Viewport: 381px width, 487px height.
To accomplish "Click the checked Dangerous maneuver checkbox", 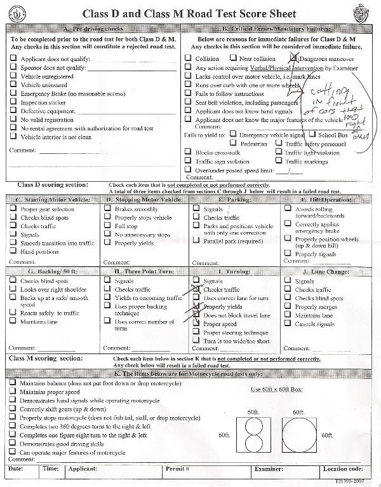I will pos(293,58).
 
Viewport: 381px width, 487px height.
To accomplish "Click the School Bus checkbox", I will pos(312,135).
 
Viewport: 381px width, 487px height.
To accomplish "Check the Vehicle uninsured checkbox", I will pos(14,85).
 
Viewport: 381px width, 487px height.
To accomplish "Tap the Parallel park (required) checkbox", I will pos(197,242).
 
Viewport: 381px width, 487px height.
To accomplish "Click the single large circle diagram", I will pos(299,435).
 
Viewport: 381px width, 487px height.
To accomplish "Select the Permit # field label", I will pos(178,469).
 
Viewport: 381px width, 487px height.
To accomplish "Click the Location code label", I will pos(342,469).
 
